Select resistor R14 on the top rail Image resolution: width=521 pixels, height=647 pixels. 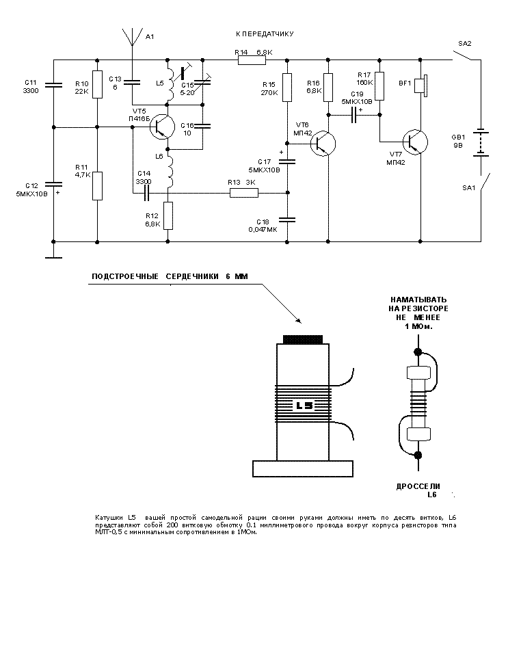(x=252, y=60)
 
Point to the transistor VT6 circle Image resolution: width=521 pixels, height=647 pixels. (x=323, y=143)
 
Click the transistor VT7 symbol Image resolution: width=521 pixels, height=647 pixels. (x=414, y=142)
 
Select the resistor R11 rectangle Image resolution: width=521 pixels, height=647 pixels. (x=98, y=185)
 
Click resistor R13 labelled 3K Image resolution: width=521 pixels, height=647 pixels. (x=243, y=194)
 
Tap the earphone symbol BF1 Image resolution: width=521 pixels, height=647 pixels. (x=423, y=86)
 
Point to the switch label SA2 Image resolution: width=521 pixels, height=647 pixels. (x=464, y=43)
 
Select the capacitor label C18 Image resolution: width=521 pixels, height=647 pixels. (x=263, y=222)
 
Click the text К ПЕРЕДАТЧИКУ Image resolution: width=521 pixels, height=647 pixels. (x=264, y=34)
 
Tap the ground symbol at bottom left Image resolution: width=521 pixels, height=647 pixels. (x=53, y=257)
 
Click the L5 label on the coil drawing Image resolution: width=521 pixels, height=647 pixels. (x=304, y=405)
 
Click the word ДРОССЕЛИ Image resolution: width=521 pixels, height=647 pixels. (x=416, y=486)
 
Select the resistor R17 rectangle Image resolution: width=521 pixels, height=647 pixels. (x=379, y=85)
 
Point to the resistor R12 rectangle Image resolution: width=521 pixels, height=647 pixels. (x=168, y=215)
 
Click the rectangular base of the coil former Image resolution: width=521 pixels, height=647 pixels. (x=303, y=468)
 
